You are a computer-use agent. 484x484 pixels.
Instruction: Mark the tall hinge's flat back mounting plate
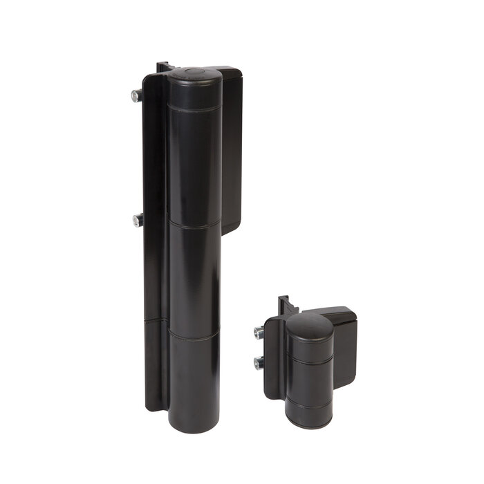[x=153, y=277]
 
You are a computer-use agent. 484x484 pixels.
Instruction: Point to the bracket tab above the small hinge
[x=283, y=306]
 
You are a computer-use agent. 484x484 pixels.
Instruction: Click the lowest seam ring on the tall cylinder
[x=194, y=333]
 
